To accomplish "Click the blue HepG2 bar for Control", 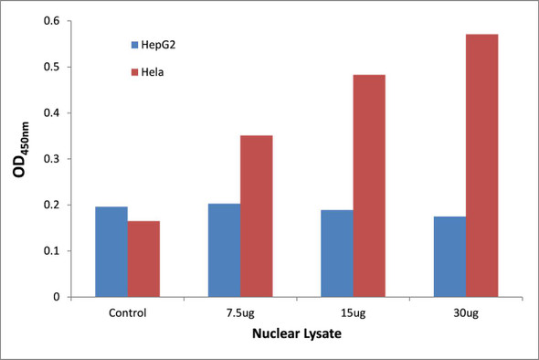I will coord(111,252).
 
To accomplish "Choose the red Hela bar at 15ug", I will coord(369,186).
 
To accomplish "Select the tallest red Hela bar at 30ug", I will coord(482,165).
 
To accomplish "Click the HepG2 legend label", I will coord(162,44).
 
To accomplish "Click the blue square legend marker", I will coord(134,44).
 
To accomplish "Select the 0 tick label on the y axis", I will coord(59,297).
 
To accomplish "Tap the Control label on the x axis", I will coord(127,312).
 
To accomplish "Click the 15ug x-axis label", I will coord(353,312).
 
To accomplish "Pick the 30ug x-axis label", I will coord(466,312).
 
